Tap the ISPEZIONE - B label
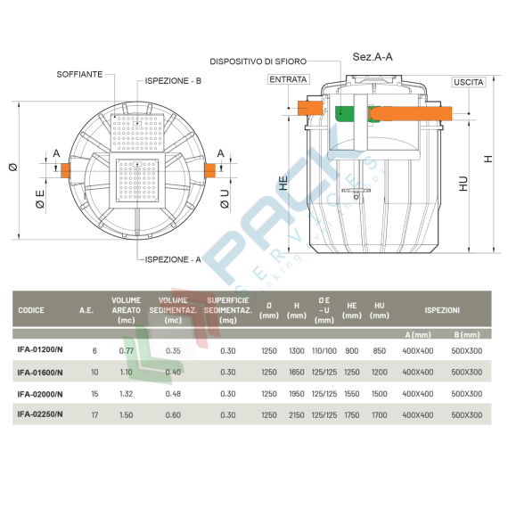pos(173,81)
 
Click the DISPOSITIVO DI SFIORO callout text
pos(259,61)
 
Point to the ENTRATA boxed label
pos(288,79)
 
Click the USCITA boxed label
pos(469,82)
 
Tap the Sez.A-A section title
pos(373,55)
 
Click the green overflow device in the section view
pos(345,113)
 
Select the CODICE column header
pos(31,310)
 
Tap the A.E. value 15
pos(94,393)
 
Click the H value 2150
pos(297,414)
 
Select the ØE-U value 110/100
pos(324,350)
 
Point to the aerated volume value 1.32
pos(126,393)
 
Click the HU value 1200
pos(379,372)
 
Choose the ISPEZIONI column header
pos(442,310)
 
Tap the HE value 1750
pos(352,414)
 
